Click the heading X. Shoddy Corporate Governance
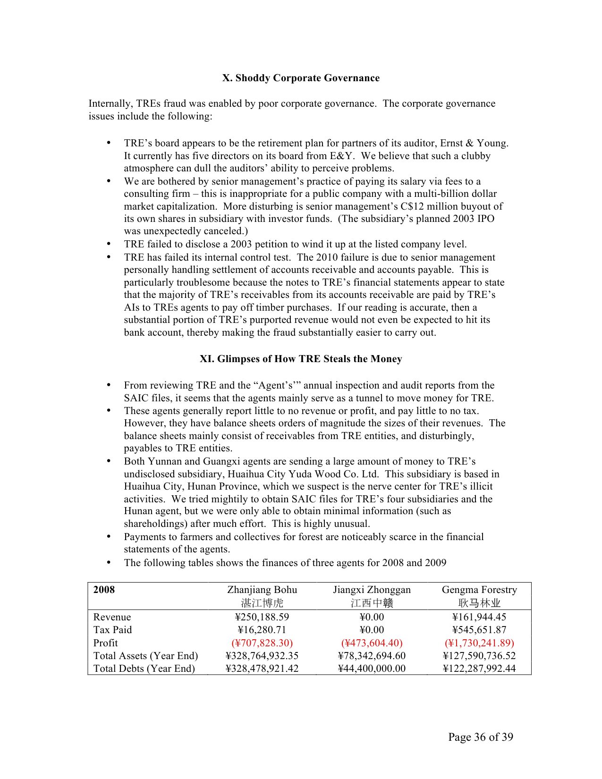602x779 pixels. (301, 78)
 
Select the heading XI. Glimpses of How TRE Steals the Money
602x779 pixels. (301, 359)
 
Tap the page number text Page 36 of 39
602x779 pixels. (480, 737)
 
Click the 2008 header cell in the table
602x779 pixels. (104, 590)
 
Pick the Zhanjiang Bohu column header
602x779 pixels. (262, 590)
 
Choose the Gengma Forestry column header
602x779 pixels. (479, 590)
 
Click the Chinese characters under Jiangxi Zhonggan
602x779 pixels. (372, 603)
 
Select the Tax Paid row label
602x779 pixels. (112, 630)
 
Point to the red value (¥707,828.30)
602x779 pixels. (262, 643)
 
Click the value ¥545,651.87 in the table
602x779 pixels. (479, 630)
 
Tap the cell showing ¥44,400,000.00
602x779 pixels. (372, 669)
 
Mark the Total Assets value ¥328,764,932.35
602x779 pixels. (262, 656)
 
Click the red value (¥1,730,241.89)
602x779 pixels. (479, 643)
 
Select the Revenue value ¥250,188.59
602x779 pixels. (262, 617)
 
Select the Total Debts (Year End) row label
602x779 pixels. (144, 669)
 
